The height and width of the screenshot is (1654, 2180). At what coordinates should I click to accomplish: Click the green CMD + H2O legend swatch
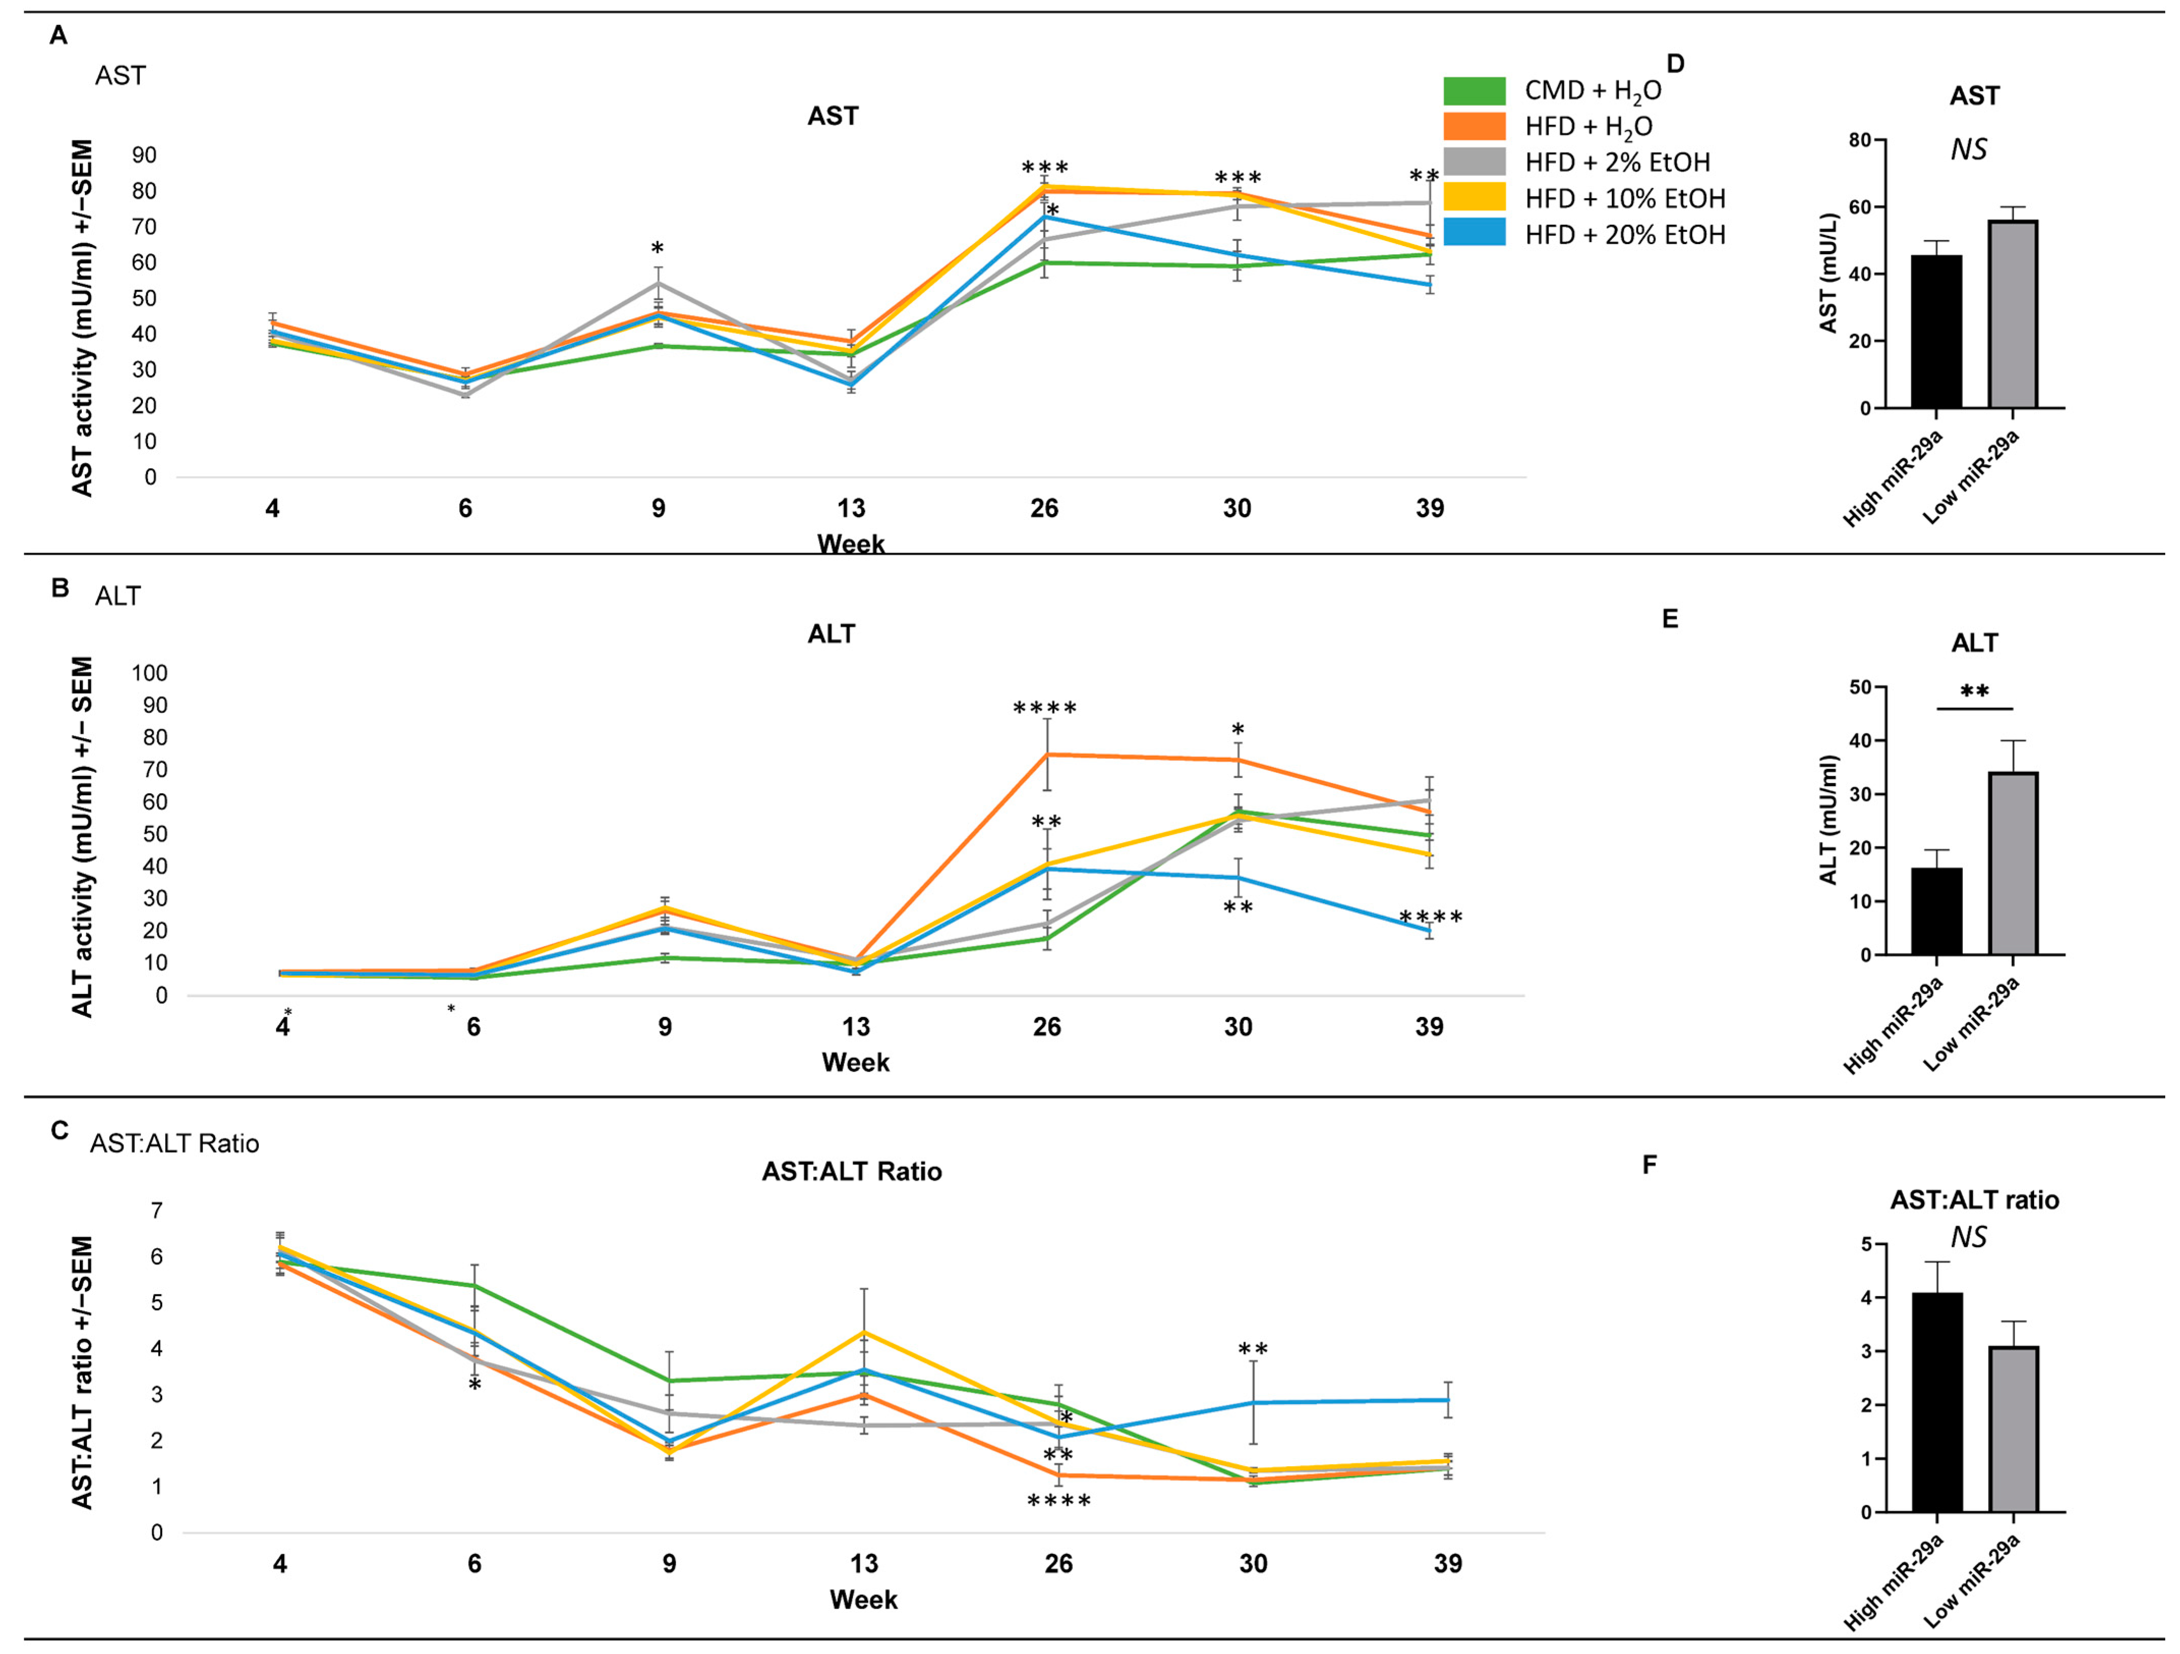pyautogui.click(x=1474, y=91)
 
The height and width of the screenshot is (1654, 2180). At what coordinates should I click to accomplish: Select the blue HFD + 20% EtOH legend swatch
pyautogui.click(x=1474, y=233)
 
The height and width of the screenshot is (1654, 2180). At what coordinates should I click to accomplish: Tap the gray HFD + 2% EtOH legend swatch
pyautogui.click(x=1474, y=162)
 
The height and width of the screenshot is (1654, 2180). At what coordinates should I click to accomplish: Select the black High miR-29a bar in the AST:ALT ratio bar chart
pyautogui.click(x=1936, y=1403)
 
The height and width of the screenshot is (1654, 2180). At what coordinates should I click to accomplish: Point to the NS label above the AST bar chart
pyautogui.click(x=1969, y=150)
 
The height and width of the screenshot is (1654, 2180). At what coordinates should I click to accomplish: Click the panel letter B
pyautogui.click(x=60, y=588)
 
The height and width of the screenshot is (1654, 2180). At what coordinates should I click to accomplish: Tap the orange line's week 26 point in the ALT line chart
pyautogui.click(x=1047, y=754)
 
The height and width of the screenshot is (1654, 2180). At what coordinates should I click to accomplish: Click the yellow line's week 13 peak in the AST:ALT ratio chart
pyautogui.click(x=864, y=1332)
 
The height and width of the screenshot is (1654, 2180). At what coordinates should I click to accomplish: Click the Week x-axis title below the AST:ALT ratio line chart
pyautogui.click(x=863, y=1599)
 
